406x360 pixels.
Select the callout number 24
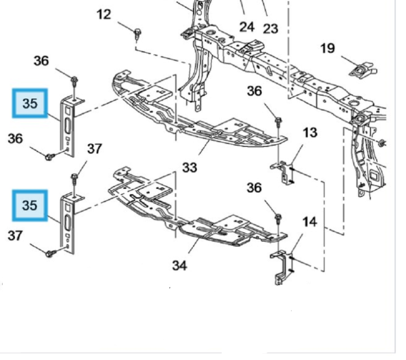point(246,26)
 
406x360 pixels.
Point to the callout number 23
point(271,28)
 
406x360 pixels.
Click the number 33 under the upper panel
point(189,166)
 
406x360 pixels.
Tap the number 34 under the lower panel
point(179,265)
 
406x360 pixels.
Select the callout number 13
point(310,132)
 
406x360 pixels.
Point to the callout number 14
point(309,221)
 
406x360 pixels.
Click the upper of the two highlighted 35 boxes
point(30,104)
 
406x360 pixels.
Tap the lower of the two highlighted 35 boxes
point(30,205)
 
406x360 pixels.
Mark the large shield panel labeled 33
point(196,115)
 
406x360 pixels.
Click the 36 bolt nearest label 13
point(278,122)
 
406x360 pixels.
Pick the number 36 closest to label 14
point(254,187)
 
